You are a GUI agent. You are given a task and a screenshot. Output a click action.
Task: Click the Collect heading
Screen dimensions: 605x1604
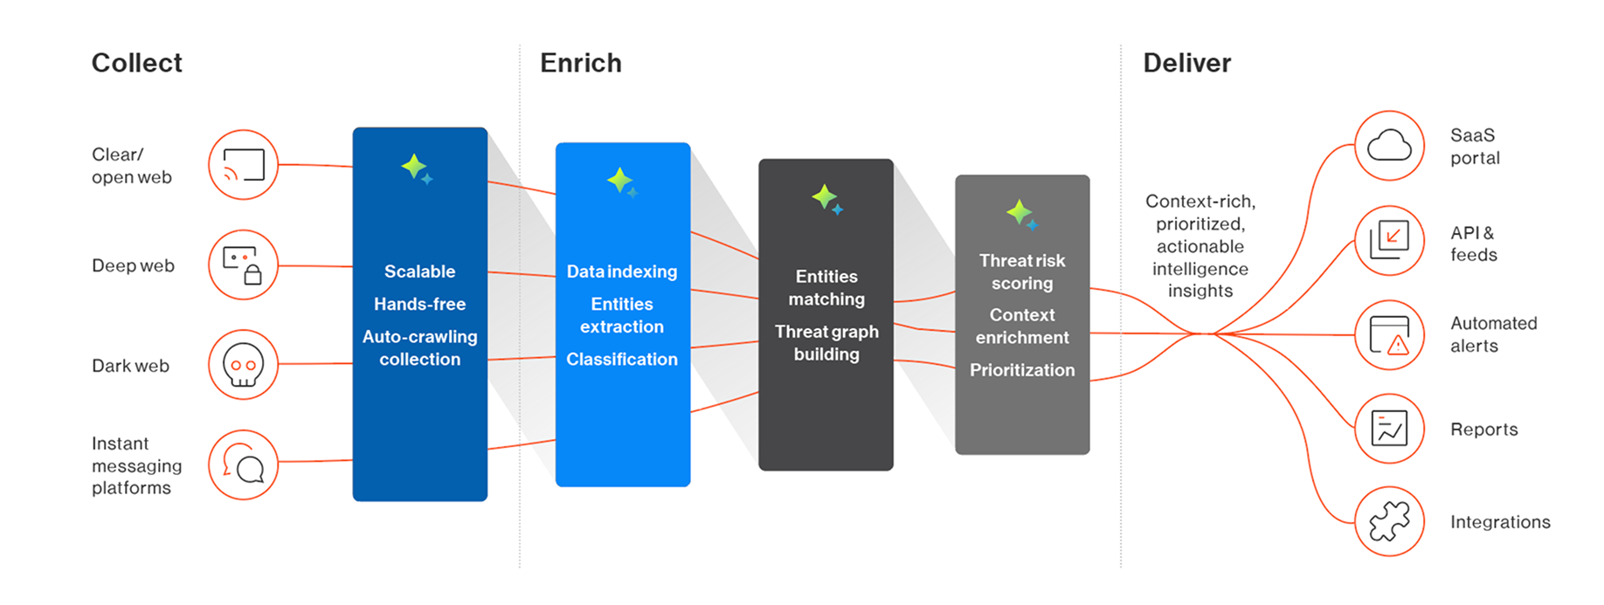point(137,63)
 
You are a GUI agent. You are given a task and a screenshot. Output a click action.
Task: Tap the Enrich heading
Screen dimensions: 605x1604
point(581,63)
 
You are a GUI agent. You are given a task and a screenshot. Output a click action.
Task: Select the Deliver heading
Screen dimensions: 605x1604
point(1187,63)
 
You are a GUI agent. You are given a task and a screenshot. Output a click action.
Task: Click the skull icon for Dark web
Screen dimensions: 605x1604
point(243,365)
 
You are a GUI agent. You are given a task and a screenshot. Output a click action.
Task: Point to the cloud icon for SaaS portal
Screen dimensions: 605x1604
point(1389,146)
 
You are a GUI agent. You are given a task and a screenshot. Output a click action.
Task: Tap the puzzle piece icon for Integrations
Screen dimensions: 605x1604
point(1389,521)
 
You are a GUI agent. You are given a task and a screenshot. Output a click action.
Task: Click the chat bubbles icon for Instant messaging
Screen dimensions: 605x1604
point(243,464)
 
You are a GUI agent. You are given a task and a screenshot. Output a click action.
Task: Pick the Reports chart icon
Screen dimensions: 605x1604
point(1389,429)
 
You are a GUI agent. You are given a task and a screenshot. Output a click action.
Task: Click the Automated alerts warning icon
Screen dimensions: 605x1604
point(1389,335)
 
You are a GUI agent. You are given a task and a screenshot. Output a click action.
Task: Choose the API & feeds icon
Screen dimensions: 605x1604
point(1389,239)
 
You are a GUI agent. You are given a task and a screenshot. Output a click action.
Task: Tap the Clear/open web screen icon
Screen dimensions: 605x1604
point(243,165)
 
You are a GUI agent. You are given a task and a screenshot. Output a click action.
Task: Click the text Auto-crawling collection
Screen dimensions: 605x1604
point(419,347)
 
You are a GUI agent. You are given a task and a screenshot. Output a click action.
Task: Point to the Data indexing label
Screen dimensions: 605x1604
point(622,272)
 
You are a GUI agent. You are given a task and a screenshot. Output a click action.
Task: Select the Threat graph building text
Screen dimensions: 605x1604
point(826,343)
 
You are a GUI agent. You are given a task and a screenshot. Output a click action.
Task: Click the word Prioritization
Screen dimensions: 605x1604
point(1022,370)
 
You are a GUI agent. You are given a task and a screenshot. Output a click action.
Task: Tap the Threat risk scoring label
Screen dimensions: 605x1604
point(1022,272)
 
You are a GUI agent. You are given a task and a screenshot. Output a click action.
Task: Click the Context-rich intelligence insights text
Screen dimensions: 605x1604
point(1200,246)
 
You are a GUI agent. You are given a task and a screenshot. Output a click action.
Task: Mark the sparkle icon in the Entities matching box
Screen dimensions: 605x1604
point(826,199)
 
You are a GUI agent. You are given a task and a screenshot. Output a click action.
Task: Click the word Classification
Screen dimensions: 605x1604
point(622,359)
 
